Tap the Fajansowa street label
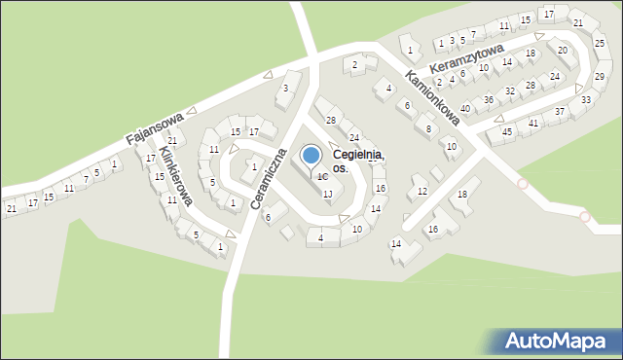[x=156, y=127]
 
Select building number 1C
[x=321, y=177]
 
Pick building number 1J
[x=328, y=195]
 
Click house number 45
[x=506, y=131]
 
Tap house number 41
[x=533, y=123]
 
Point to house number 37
[x=560, y=112]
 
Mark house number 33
[x=585, y=99]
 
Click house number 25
[x=600, y=43]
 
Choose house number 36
[x=489, y=99]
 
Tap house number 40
[x=465, y=108]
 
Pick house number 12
[x=421, y=191]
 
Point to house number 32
[x=509, y=90]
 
